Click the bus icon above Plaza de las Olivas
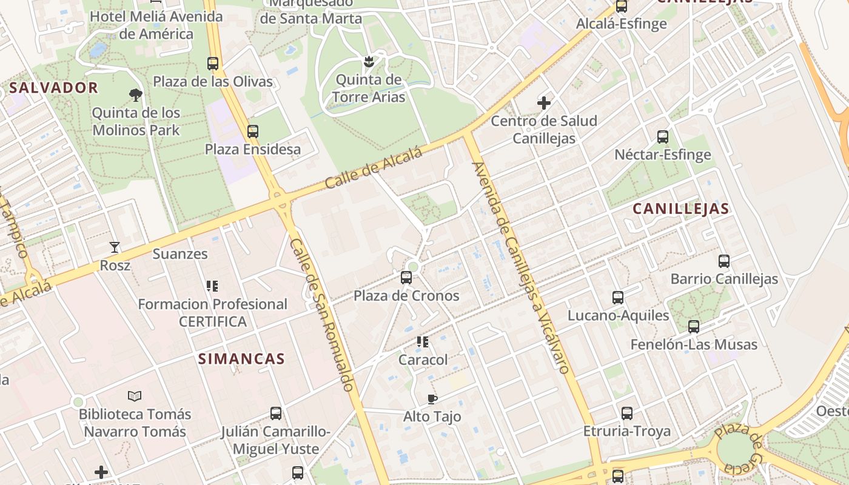(213, 63)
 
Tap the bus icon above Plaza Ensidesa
(253, 131)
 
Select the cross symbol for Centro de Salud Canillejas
(544, 103)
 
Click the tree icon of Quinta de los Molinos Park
(136, 95)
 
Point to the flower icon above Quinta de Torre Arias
(368, 61)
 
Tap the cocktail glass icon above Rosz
(115, 247)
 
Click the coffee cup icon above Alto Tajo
(432, 398)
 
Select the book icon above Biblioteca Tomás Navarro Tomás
(135, 396)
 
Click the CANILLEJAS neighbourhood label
(680, 209)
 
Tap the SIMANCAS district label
(241, 358)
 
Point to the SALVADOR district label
(53, 88)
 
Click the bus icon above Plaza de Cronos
(406, 278)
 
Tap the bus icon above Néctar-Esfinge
(663, 137)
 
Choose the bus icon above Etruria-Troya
(627, 413)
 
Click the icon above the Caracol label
(423, 342)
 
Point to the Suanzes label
(180, 254)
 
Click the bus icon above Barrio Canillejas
(724, 261)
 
